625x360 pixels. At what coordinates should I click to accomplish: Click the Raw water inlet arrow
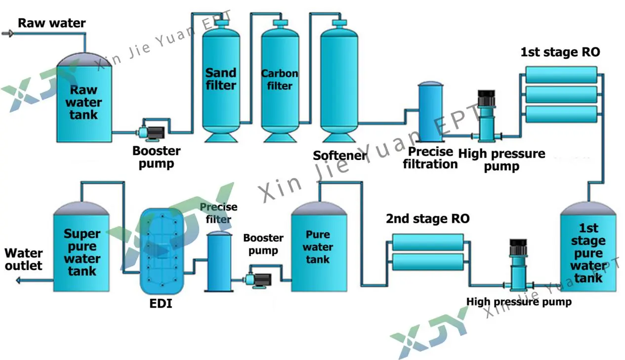coord(7,34)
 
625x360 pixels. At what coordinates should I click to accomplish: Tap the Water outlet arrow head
coord(18,280)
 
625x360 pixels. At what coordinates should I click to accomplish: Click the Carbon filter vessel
coord(280,81)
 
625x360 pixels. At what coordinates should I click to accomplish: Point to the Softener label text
coord(340,156)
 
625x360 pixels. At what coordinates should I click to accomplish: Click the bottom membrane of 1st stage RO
coord(560,114)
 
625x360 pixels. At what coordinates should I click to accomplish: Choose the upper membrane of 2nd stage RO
coord(427,242)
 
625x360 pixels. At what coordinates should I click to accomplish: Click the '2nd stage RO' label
coord(427,219)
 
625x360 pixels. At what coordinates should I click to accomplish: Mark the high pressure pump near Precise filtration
coord(487,119)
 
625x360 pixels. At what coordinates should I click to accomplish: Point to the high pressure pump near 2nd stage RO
coord(517,267)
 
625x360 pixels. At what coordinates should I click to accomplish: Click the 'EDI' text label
coord(161,304)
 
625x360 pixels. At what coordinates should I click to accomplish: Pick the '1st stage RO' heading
coord(560,52)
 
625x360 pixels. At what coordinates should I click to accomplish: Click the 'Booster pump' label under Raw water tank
coord(156,157)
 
